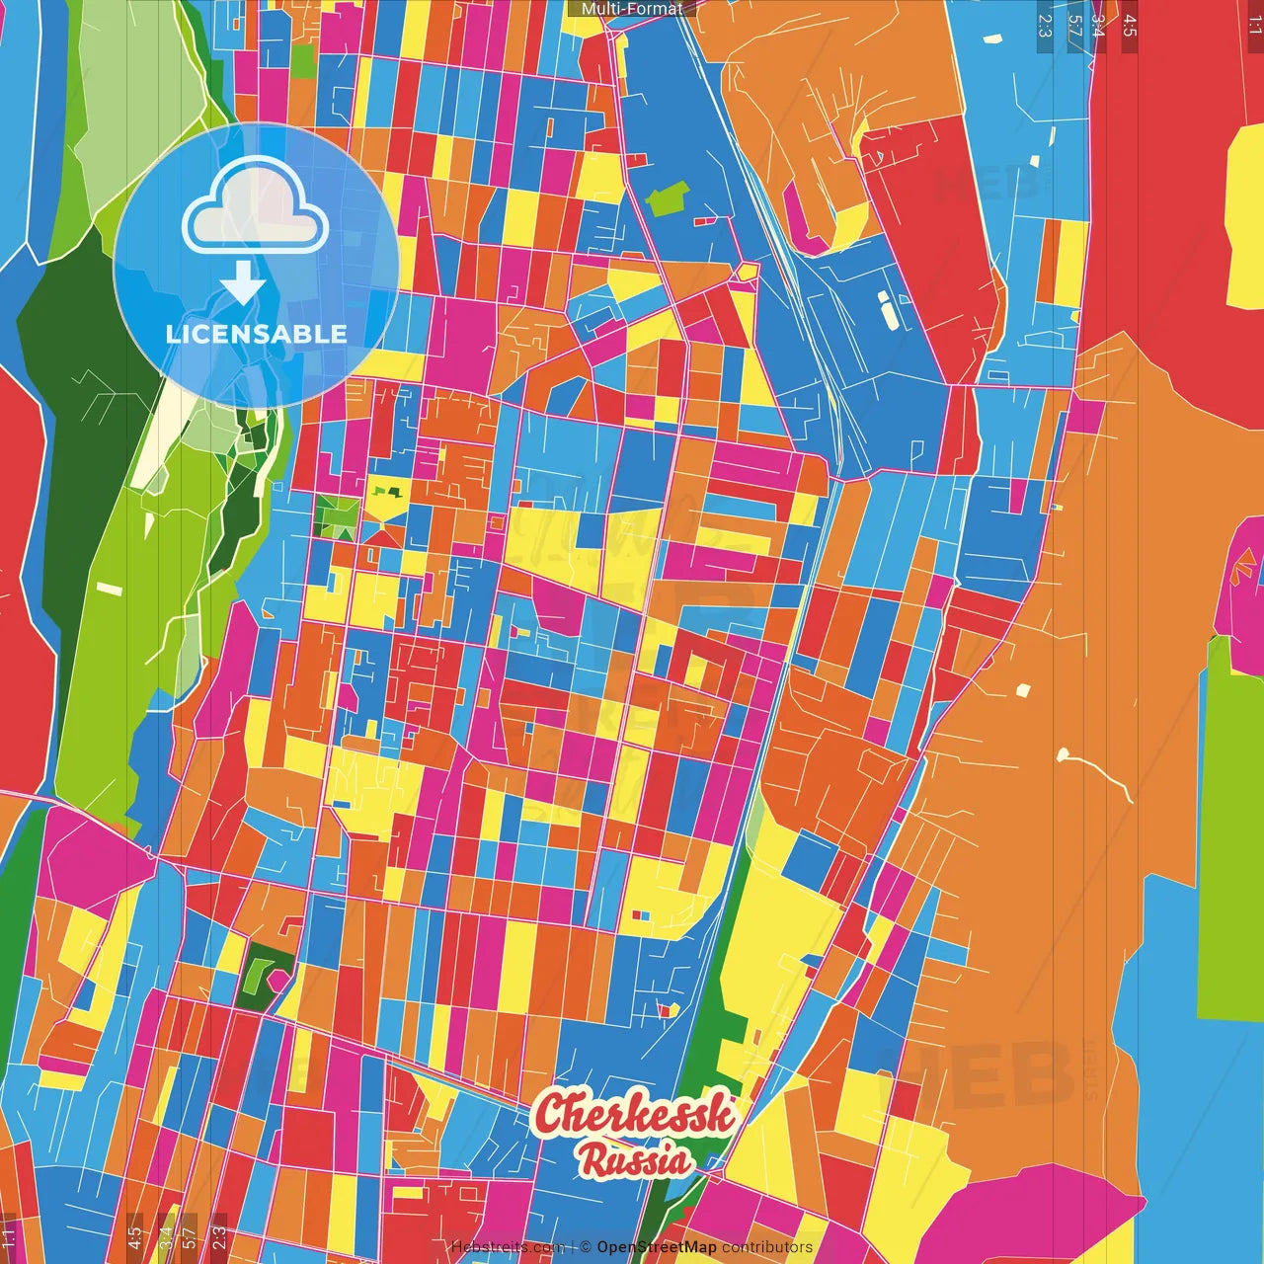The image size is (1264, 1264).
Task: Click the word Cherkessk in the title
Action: (x=635, y=1114)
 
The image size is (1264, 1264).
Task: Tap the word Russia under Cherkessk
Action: (x=635, y=1159)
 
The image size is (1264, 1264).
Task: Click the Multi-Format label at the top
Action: (x=632, y=9)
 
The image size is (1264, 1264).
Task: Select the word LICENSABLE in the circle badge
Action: (x=257, y=334)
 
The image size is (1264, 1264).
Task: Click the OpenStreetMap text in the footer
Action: (x=656, y=1247)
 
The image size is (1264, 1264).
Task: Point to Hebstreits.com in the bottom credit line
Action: (x=508, y=1247)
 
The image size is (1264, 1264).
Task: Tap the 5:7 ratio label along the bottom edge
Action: (x=189, y=1235)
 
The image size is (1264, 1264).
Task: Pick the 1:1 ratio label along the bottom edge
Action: (x=8, y=1235)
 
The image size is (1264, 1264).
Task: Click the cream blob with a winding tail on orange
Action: (x=1066, y=756)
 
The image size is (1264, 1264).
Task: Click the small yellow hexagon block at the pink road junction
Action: (x=748, y=272)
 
